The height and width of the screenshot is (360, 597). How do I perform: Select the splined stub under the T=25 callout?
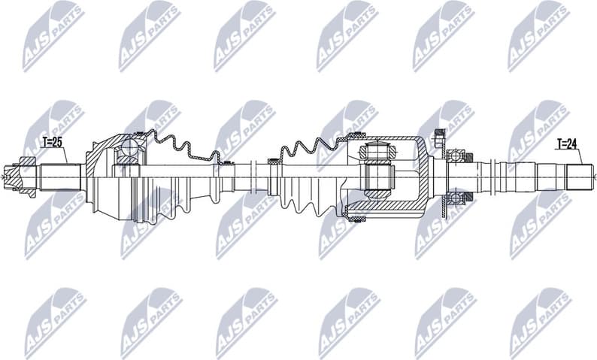click(60, 177)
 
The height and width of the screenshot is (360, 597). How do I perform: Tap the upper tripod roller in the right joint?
click(377, 151)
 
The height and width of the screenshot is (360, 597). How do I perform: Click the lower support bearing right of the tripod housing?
click(456, 198)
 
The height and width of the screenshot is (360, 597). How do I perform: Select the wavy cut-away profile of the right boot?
click(308, 147)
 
